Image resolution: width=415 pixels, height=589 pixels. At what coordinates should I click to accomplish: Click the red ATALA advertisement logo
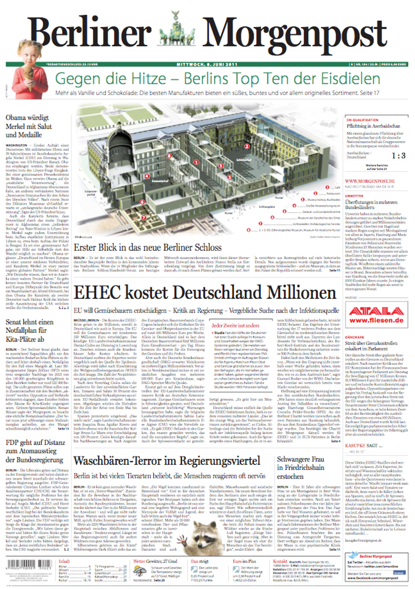[x=376, y=312]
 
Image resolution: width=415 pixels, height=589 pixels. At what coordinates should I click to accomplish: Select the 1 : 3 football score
[x=398, y=156]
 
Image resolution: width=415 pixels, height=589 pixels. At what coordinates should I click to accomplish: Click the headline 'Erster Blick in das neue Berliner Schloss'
[x=147, y=248]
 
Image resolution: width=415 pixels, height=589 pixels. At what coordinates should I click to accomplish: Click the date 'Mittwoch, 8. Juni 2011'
[x=207, y=64]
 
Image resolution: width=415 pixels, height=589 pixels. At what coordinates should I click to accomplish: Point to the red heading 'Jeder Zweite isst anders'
[x=235, y=326]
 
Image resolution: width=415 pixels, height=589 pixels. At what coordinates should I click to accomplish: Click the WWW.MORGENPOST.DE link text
[x=370, y=181]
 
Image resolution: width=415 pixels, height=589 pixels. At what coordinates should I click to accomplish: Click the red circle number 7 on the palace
[x=144, y=218]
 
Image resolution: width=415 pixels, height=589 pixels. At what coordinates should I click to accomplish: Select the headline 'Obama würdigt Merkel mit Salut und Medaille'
[x=29, y=126]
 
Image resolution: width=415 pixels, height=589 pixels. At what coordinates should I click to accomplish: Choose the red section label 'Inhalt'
[x=64, y=561]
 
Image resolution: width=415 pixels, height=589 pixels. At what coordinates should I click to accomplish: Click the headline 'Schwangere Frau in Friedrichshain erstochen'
[x=300, y=468]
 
